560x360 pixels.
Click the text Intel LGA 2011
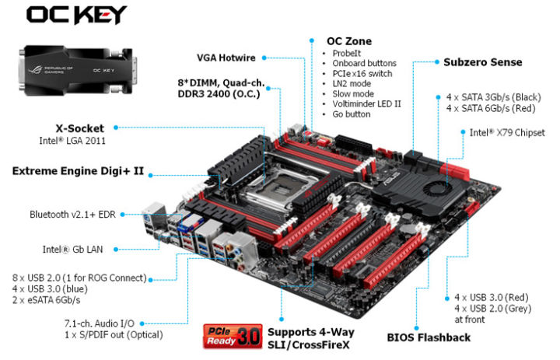tap(73, 141)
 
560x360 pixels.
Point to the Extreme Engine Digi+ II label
tap(78, 169)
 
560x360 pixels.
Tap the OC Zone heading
tap(349, 40)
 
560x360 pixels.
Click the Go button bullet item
tap(352, 114)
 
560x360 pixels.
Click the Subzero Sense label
tap(482, 61)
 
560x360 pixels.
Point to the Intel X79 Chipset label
tap(506, 132)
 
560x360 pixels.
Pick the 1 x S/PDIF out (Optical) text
tap(113, 335)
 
